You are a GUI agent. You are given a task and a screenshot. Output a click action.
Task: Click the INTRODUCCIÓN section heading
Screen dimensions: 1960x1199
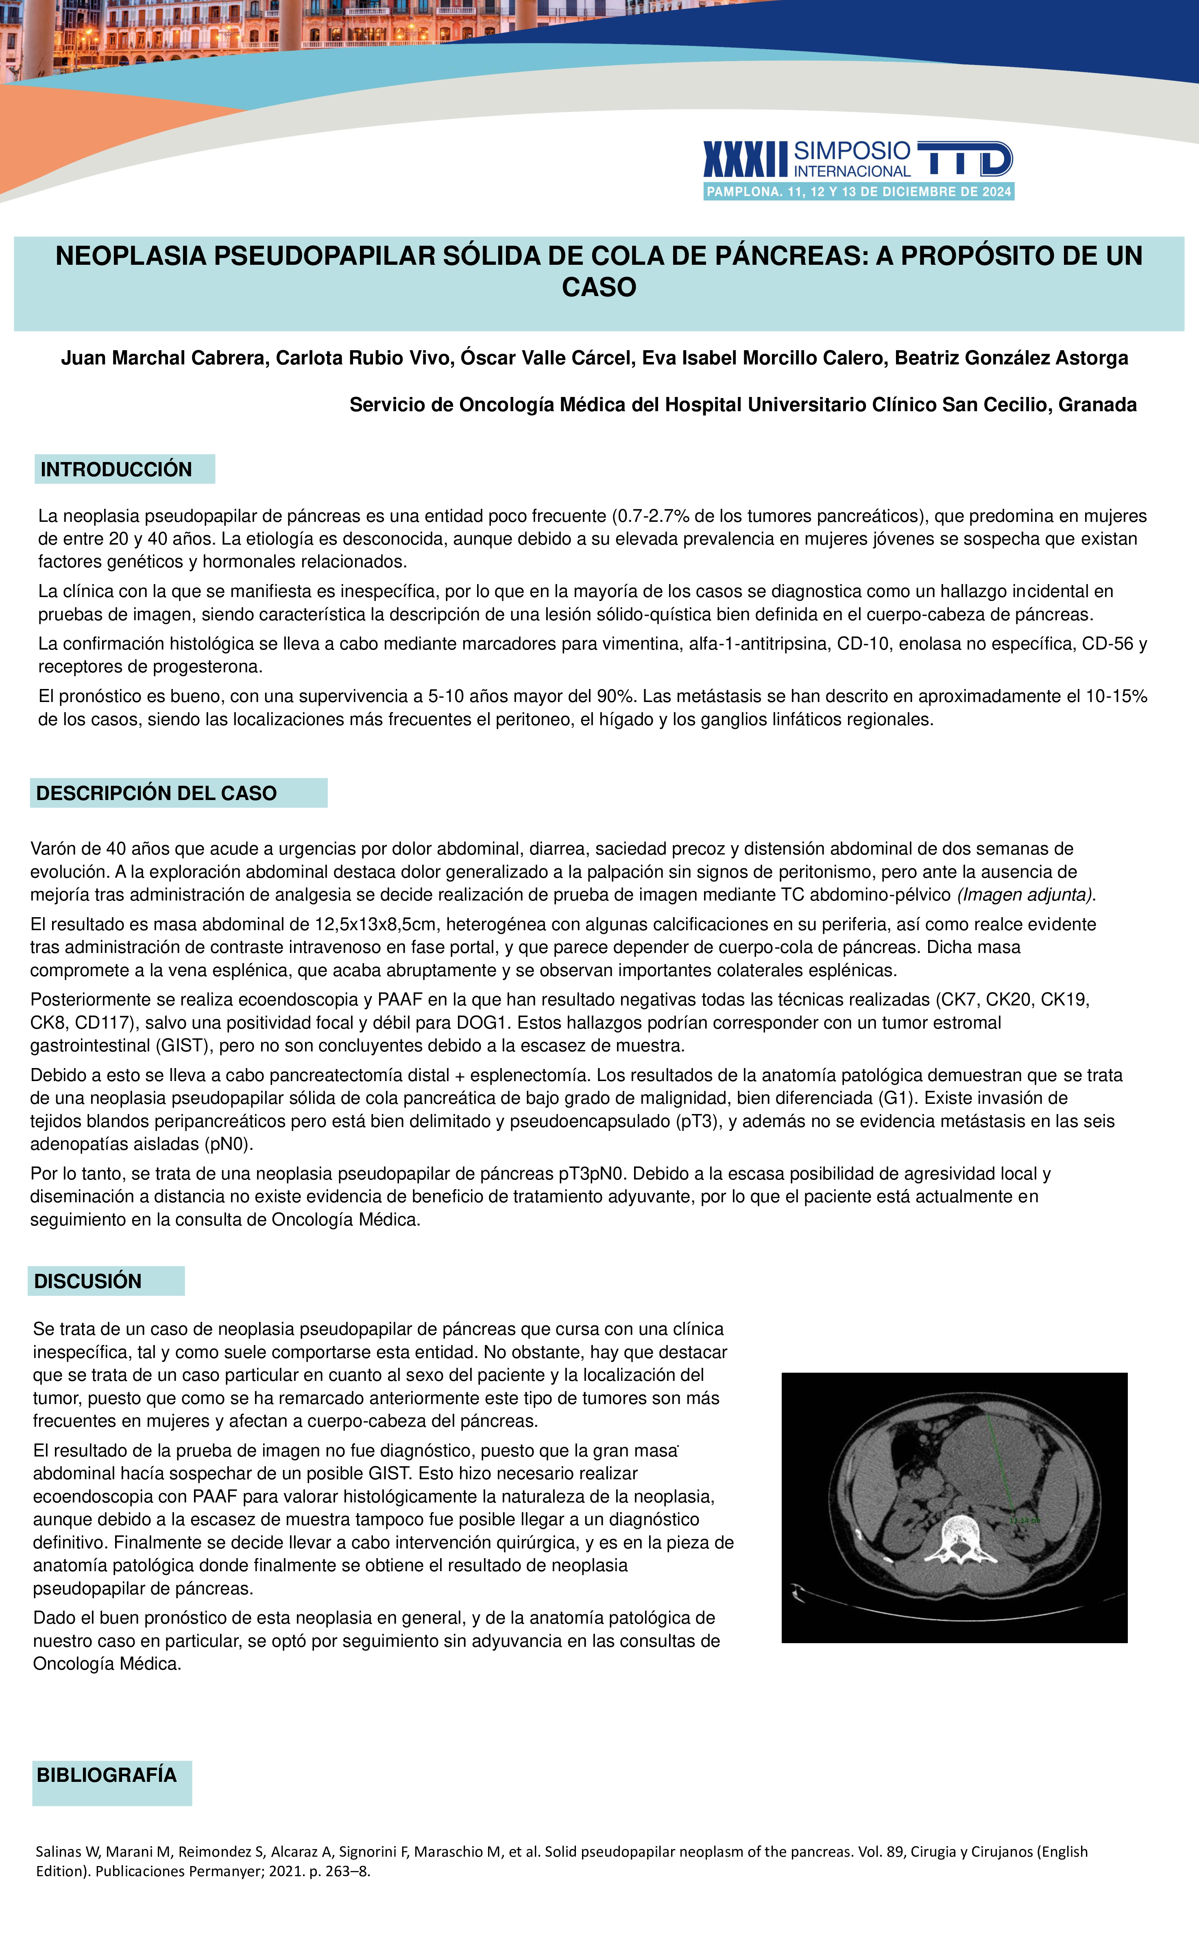pyautogui.click(x=116, y=469)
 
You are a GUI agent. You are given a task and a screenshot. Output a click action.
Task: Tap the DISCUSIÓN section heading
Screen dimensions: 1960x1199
pyautogui.click(x=87, y=1281)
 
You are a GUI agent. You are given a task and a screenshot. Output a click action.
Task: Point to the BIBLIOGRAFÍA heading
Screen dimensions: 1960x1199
pyautogui.click(x=107, y=1775)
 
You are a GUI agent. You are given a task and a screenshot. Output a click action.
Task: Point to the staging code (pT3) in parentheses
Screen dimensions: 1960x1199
pyautogui.click(x=695, y=1122)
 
